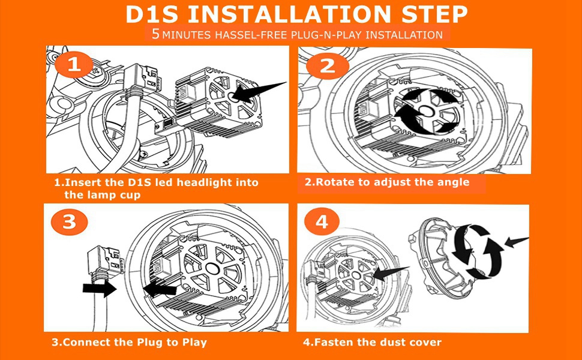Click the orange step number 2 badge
[x=327, y=65]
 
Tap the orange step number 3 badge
[x=68, y=222]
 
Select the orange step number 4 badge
[x=322, y=223]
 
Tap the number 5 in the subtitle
[x=156, y=34]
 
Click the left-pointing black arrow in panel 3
[x=161, y=289]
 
